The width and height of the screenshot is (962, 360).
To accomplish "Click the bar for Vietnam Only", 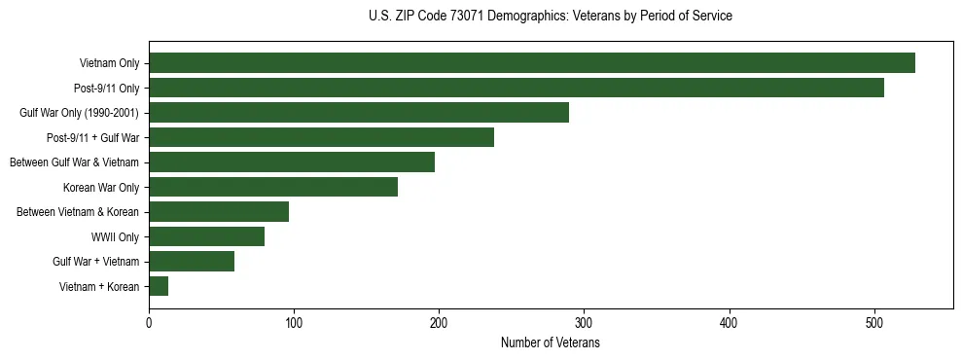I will point(531,63).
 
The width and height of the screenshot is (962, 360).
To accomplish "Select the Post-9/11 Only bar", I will point(516,88).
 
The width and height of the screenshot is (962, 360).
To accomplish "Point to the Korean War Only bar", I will point(273,187).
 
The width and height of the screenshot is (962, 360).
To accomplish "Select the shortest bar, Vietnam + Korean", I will point(159,286).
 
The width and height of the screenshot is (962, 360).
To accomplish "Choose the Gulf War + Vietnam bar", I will point(192,261).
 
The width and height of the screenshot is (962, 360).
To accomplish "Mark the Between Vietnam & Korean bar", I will point(219,211).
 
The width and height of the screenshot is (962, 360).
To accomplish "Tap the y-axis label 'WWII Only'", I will point(115,236).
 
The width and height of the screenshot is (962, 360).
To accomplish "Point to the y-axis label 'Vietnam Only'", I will point(109,63).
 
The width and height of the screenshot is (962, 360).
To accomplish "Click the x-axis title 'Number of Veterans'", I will point(550,342).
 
